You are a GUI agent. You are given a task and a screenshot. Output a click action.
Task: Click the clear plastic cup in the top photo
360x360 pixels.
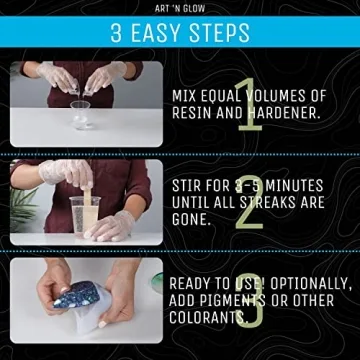pos(79,111)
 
